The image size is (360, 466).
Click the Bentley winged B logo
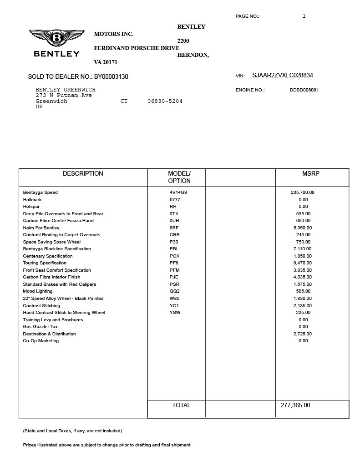[57, 38]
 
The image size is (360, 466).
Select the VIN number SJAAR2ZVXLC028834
[282, 76]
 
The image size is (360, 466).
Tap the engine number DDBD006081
[304, 90]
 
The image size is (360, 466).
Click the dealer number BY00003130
[111, 76]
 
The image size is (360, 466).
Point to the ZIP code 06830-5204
[165, 101]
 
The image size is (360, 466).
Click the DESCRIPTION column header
[83, 173]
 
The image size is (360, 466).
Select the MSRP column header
[311, 173]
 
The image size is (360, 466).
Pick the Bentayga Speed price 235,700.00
[303, 192]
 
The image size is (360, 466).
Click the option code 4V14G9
[178, 192]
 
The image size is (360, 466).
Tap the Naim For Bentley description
[41, 228]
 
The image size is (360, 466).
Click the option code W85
[174, 299]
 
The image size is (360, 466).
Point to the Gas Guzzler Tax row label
[40, 327]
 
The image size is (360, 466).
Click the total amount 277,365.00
[294, 405]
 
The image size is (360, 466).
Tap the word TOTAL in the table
[181, 405]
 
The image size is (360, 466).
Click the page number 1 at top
[304, 16]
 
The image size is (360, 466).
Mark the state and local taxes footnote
[72, 431]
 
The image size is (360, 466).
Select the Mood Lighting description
[38, 291]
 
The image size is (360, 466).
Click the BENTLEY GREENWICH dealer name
[66, 90]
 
